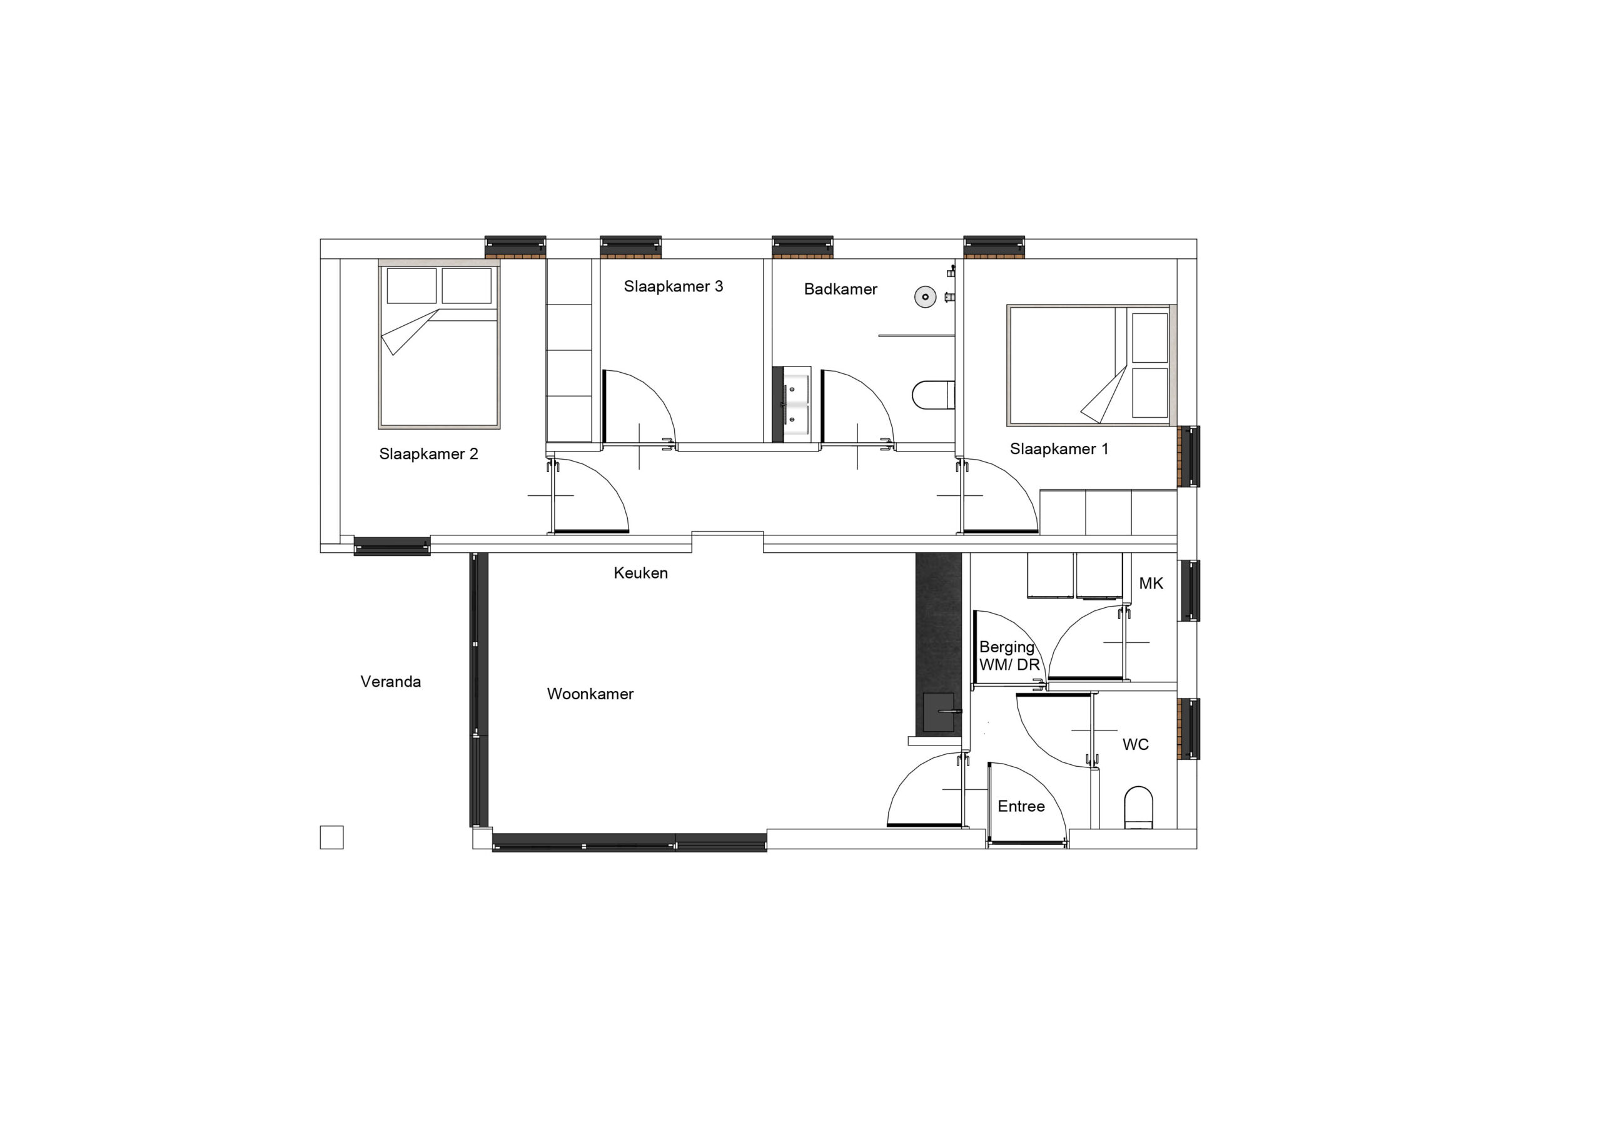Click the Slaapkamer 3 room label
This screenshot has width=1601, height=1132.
pos(673,286)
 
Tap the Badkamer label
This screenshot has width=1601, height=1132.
pos(841,290)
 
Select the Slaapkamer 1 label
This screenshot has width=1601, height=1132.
pos(1059,449)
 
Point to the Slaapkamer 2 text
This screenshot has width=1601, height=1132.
pos(428,454)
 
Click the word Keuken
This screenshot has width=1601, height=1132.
pos(640,574)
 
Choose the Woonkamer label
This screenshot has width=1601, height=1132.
pos(590,694)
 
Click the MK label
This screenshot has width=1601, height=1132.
pos(1151,584)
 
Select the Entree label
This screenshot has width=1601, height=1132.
pos(1021,807)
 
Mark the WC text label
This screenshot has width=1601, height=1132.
pos(1135,745)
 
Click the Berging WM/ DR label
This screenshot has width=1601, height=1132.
pos(1009,656)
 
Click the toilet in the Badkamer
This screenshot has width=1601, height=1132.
pos(933,395)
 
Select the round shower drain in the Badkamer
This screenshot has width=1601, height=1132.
pos(926,297)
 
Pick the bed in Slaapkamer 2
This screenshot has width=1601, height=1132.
pos(439,346)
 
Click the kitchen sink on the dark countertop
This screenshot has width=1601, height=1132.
pos(939,712)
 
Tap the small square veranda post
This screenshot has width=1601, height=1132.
pos(331,837)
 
